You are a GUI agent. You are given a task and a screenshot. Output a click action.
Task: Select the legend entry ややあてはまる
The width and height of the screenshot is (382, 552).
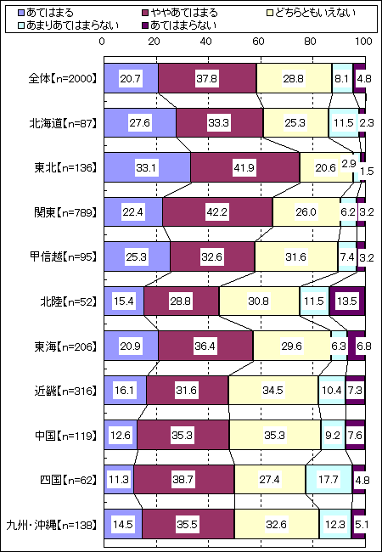point(178,14)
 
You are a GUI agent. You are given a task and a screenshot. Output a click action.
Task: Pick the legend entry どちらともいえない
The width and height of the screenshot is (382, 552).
point(310,14)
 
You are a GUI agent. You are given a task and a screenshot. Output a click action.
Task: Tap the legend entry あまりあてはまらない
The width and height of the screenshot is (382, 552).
point(68,25)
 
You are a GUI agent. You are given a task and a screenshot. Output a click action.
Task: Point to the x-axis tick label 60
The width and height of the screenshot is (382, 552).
point(259,42)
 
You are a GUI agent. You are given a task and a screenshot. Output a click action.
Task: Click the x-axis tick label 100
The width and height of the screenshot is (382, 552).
point(363,42)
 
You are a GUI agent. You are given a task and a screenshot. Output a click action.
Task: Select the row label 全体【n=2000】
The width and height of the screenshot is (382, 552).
point(62,78)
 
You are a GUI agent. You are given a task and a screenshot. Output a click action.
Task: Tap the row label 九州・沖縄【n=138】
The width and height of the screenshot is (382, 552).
point(52,525)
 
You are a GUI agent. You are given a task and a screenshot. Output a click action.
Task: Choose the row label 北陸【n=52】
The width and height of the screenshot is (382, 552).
point(68,301)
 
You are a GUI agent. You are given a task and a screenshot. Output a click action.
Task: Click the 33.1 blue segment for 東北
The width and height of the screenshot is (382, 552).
point(148,167)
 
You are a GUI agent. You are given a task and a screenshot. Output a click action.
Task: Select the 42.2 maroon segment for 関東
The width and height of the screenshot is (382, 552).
point(217,212)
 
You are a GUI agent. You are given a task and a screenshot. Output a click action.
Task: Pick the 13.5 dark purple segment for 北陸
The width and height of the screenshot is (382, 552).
point(347,301)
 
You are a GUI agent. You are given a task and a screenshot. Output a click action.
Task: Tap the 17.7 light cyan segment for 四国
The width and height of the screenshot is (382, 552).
point(329,480)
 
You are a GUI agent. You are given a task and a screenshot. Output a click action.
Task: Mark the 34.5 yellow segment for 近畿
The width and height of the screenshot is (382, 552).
point(273,391)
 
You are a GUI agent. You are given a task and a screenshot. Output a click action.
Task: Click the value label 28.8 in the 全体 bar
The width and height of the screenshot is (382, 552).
point(294,78)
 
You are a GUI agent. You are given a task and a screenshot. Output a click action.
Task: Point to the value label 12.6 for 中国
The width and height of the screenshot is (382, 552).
point(121,436)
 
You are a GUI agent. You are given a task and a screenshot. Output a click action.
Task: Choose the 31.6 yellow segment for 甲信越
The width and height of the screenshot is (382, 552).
point(296,257)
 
